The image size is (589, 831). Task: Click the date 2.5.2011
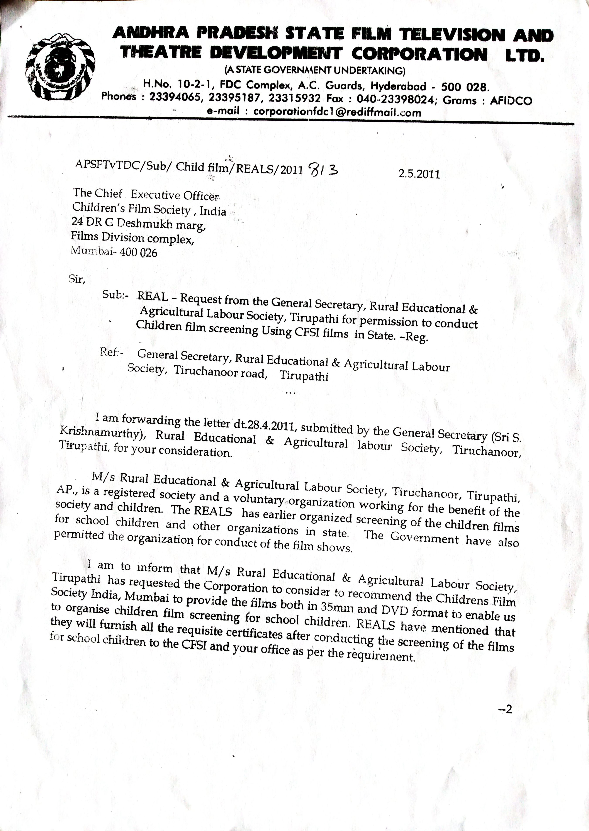419,174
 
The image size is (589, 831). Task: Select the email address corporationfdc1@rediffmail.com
337,112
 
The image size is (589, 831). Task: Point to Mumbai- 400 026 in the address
114,252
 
